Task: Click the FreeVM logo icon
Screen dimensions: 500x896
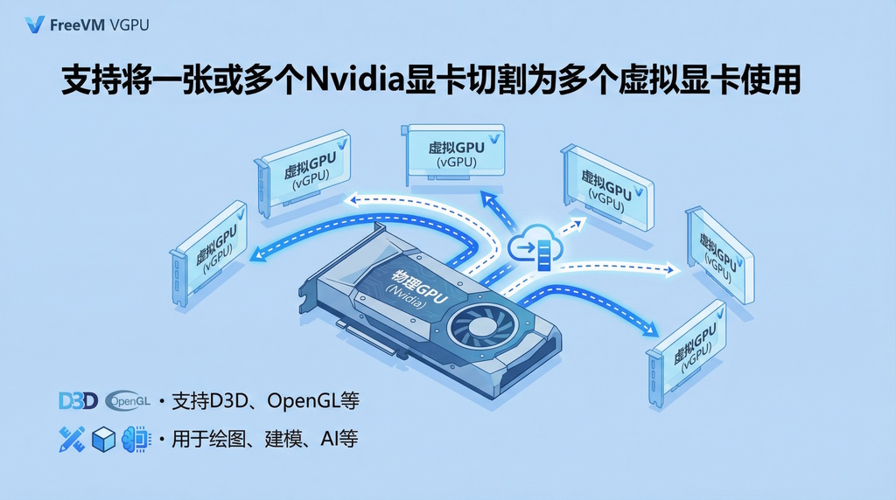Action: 35,24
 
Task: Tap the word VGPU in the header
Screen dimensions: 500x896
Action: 129,24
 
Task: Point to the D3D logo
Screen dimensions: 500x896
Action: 77,401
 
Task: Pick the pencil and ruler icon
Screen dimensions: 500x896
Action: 72,439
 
